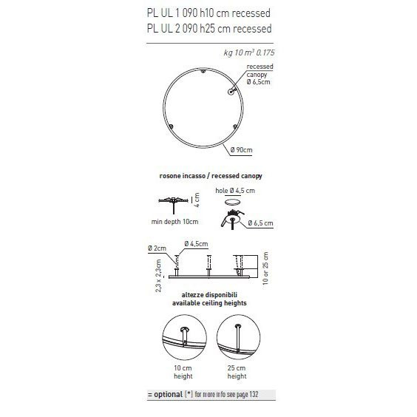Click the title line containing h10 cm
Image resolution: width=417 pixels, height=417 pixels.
(x=209, y=13)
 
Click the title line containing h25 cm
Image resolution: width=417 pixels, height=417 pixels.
(x=209, y=29)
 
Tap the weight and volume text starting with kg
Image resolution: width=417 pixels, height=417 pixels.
(x=247, y=53)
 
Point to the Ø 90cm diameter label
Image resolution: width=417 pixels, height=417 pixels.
(x=241, y=151)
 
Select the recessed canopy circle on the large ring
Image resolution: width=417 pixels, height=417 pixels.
(x=231, y=92)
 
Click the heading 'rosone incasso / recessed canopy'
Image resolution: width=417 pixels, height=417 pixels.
(x=211, y=177)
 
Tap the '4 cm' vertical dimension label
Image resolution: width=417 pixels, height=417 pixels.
(x=197, y=200)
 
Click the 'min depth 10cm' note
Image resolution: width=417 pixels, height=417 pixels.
(x=174, y=221)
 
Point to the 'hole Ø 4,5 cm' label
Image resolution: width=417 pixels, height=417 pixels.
(x=235, y=191)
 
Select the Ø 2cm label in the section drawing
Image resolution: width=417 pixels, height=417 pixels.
(x=157, y=246)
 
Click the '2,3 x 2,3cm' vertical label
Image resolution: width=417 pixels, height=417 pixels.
(x=158, y=276)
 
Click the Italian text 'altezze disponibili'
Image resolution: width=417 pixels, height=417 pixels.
(x=209, y=294)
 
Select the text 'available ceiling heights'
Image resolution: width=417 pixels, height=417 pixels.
(x=209, y=303)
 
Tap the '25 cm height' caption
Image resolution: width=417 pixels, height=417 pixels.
(x=237, y=372)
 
